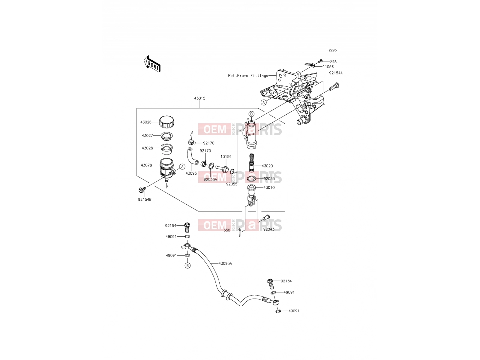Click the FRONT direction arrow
(152, 64)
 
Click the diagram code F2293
(331, 50)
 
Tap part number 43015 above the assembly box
(200, 98)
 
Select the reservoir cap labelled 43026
(167, 122)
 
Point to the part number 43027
(147, 136)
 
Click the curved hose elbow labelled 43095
(192, 156)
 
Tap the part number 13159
(226, 157)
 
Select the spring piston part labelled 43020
(252, 163)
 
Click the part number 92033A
(210, 180)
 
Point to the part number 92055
(232, 184)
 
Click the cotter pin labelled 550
(240, 232)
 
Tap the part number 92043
(269, 229)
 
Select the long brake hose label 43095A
(225, 264)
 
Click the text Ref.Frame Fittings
(248, 76)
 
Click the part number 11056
(328, 67)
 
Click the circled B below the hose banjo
(187, 265)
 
